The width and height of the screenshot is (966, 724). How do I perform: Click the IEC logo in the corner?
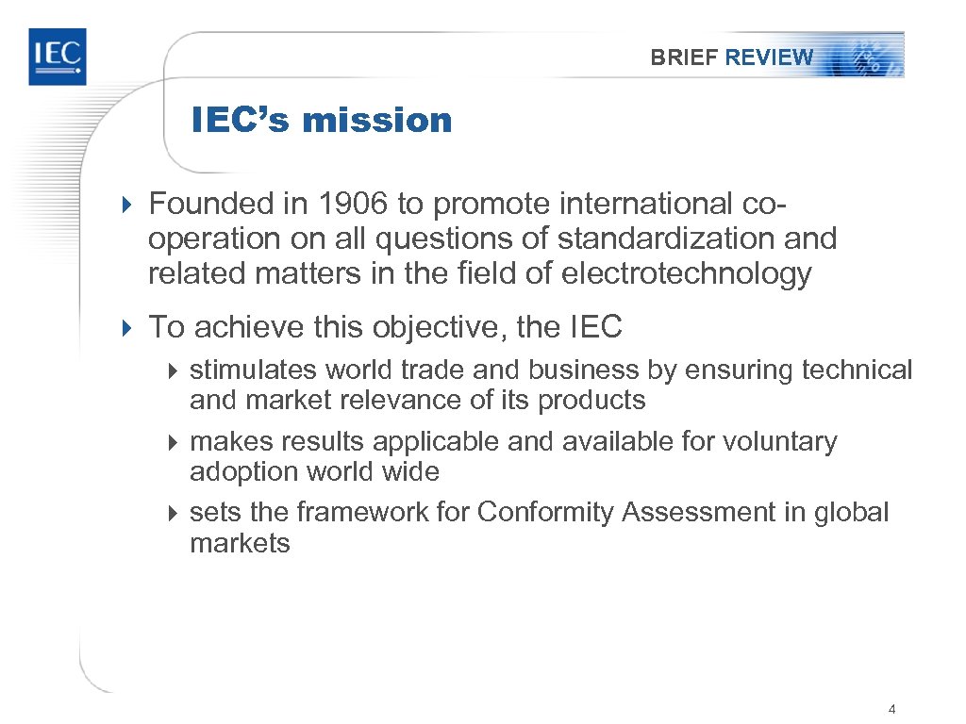(x=57, y=57)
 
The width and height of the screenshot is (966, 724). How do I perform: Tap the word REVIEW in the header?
(x=769, y=58)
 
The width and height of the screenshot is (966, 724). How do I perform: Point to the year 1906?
(x=352, y=204)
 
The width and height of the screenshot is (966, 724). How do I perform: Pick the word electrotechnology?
(x=686, y=273)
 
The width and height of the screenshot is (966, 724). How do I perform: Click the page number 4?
(x=891, y=708)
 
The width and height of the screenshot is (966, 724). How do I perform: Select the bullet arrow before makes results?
(x=173, y=442)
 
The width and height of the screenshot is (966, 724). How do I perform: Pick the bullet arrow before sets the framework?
(x=173, y=513)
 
